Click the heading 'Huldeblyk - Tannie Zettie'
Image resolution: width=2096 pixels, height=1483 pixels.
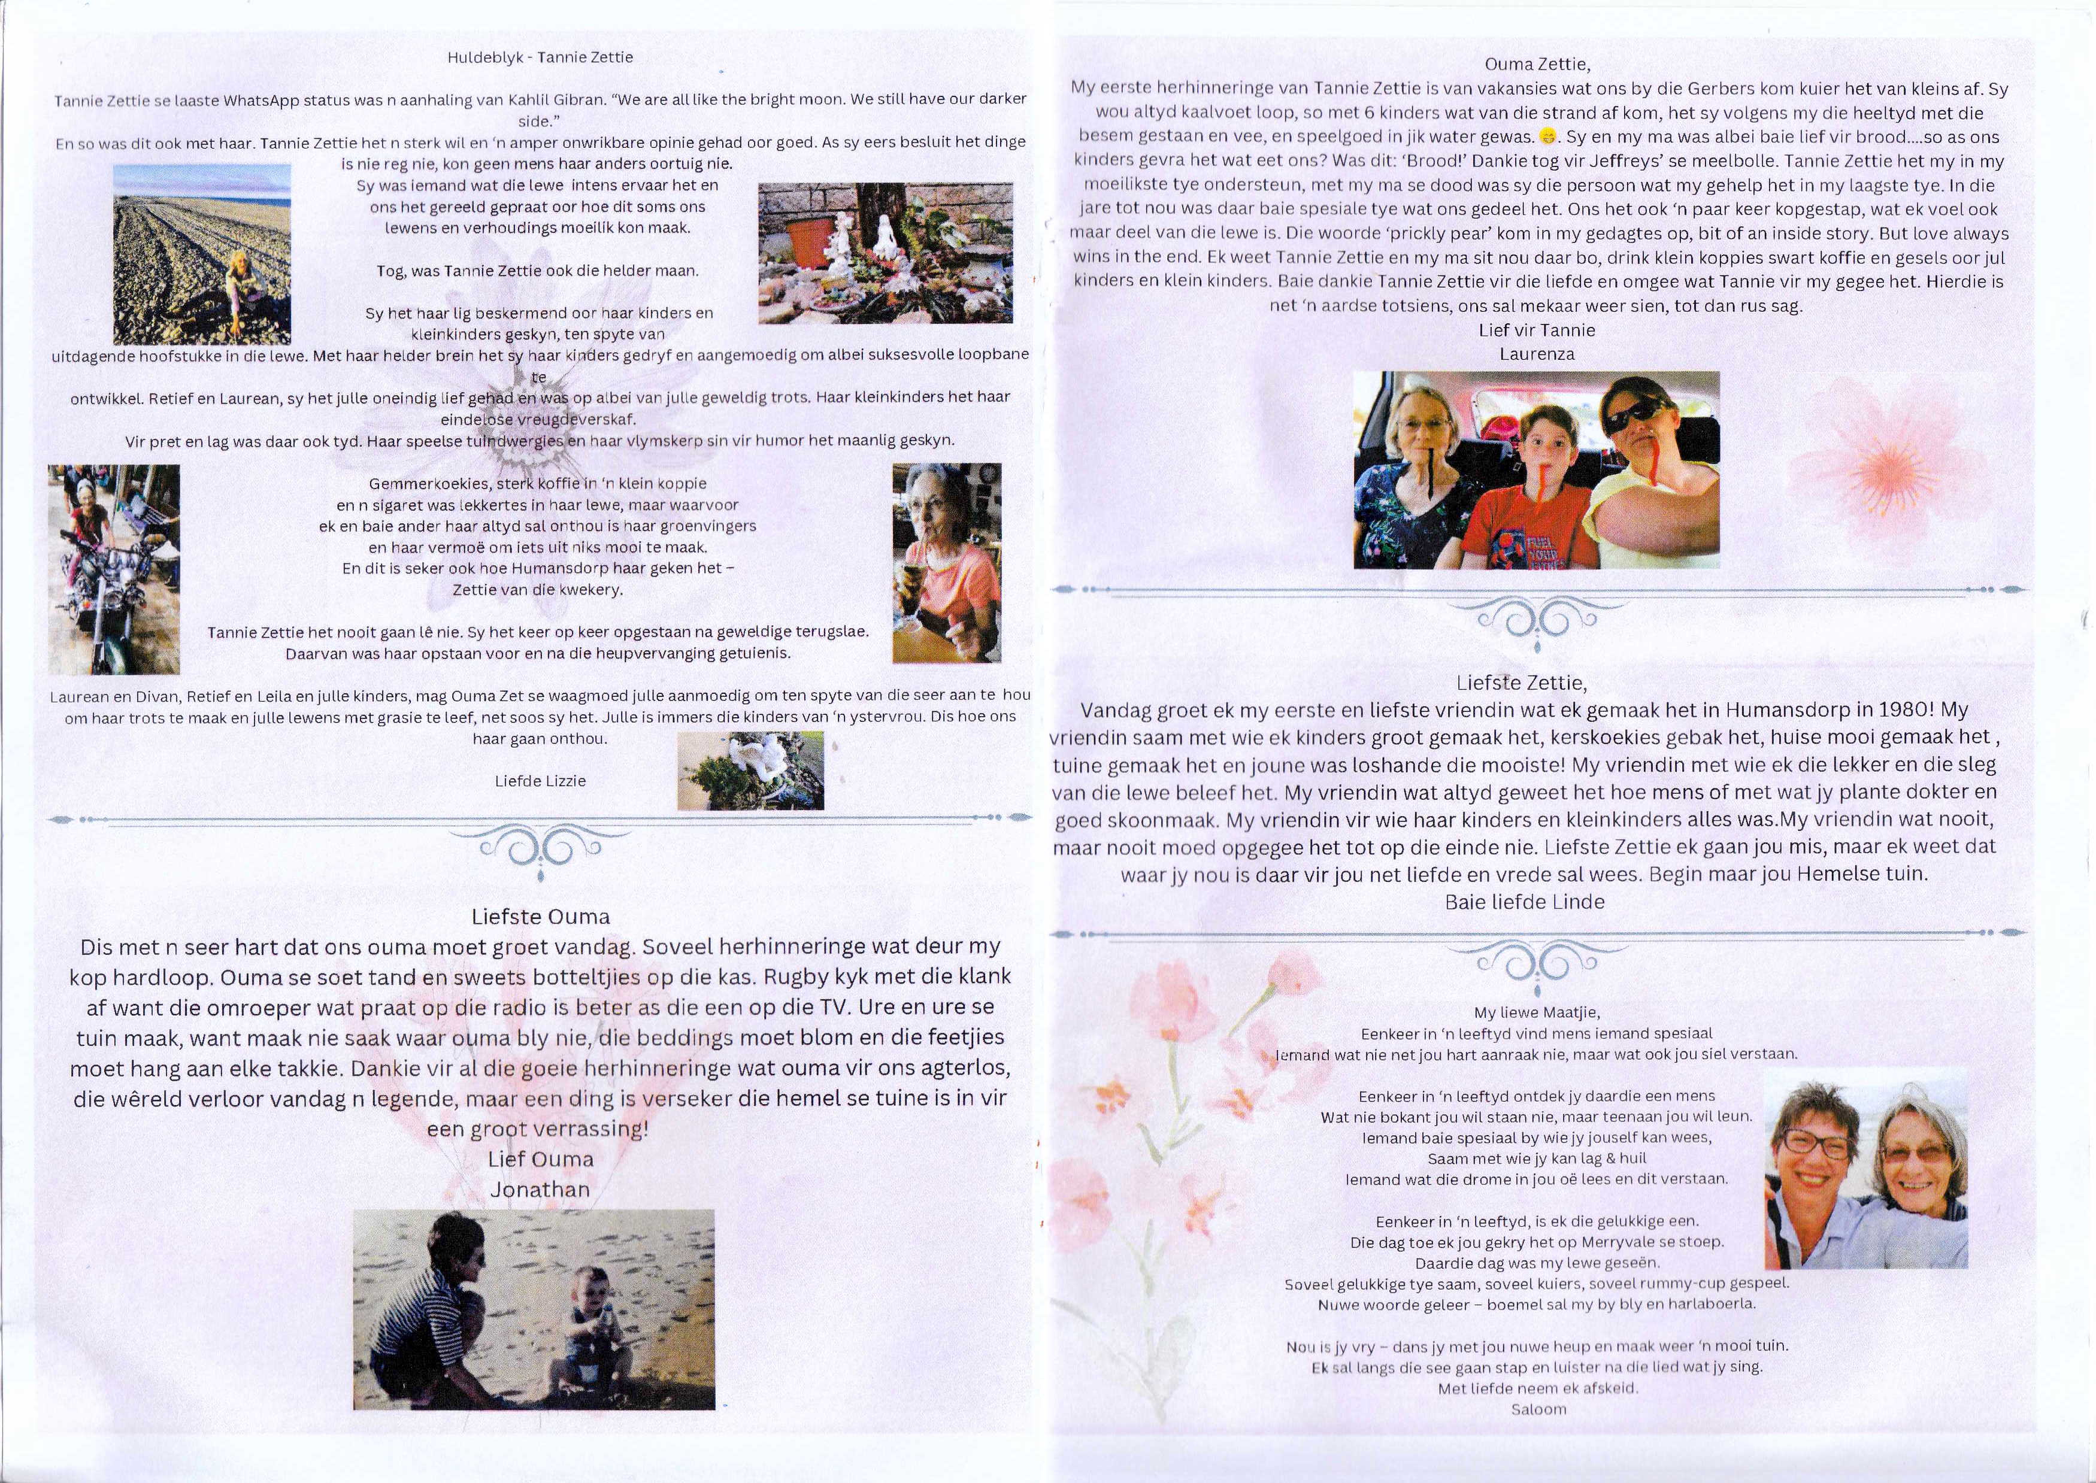point(540,57)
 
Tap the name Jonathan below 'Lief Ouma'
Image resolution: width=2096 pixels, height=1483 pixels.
point(540,1190)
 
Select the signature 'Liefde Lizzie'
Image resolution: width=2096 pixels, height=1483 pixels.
point(540,781)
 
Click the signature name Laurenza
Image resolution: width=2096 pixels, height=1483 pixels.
point(1537,354)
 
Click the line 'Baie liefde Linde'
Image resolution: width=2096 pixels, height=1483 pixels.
point(1524,902)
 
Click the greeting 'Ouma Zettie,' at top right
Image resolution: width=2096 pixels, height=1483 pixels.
point(1537,65)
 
